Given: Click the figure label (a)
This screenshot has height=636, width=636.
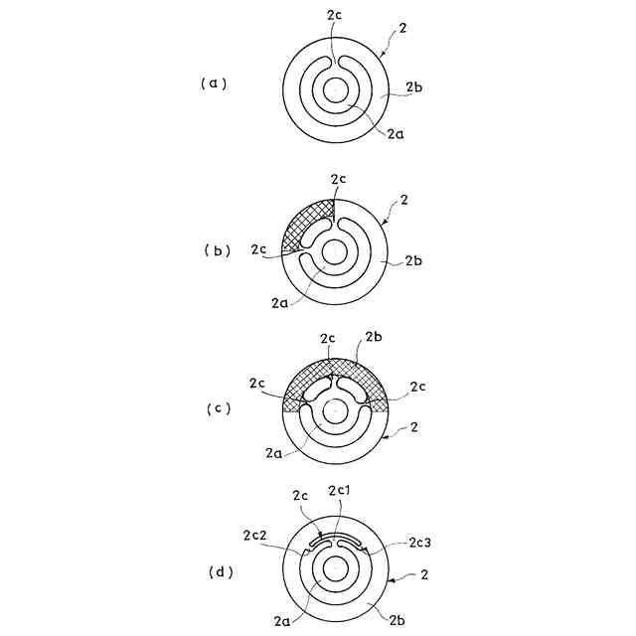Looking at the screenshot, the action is coord(214,83).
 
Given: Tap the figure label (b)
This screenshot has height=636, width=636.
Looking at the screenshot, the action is coord(215,250).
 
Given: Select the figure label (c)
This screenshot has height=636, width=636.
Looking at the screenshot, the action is coord(215,408).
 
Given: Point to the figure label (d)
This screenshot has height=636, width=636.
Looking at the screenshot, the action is coord(215,573).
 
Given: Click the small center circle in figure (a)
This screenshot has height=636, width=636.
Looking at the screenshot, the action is coord(334,90).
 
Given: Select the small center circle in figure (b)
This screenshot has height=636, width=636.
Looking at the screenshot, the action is coord(333,252).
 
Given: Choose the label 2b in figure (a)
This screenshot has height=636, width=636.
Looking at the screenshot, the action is coord(415,89).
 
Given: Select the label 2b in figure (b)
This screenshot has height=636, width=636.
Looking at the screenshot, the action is coord(415,262).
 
